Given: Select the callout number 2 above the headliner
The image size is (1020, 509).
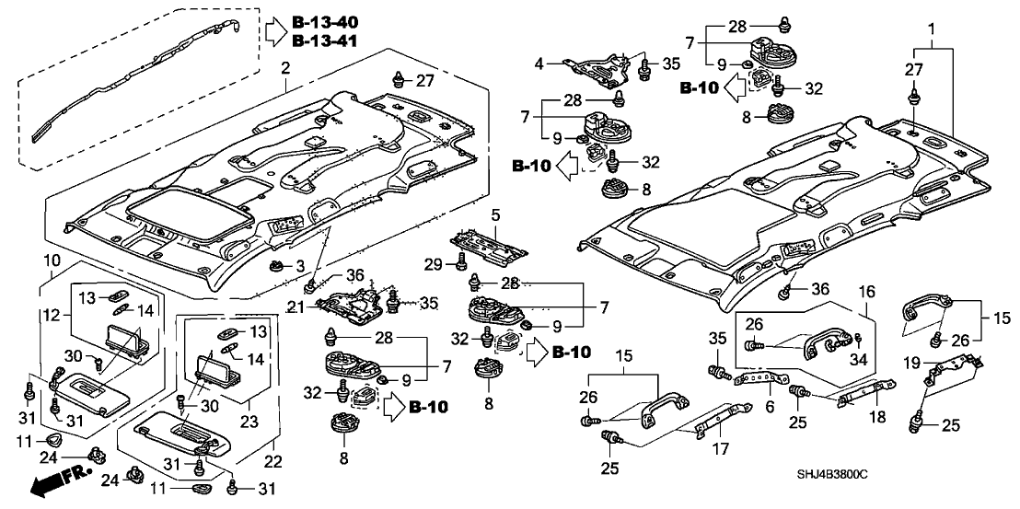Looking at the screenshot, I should tap(285, 68).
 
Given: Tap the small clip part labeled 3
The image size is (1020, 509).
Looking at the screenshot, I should tap(275, 266).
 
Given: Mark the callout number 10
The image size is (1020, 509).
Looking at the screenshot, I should tap(52, 260).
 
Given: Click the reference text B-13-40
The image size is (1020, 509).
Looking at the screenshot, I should tap(326, 21).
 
